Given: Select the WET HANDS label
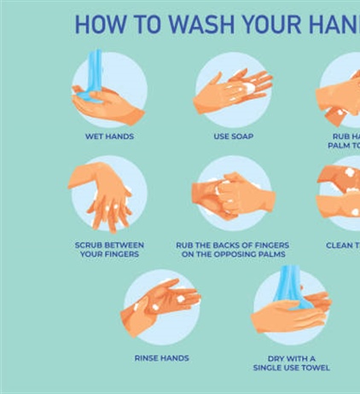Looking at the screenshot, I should point(109,136).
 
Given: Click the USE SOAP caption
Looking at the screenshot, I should point(233,136).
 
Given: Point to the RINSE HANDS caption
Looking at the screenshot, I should point(161,358).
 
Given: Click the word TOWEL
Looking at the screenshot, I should point(312,368).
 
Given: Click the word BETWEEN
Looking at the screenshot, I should point(126,245).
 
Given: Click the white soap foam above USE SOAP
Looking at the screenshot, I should point(248,87).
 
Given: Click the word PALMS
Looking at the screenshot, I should point(270,254).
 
